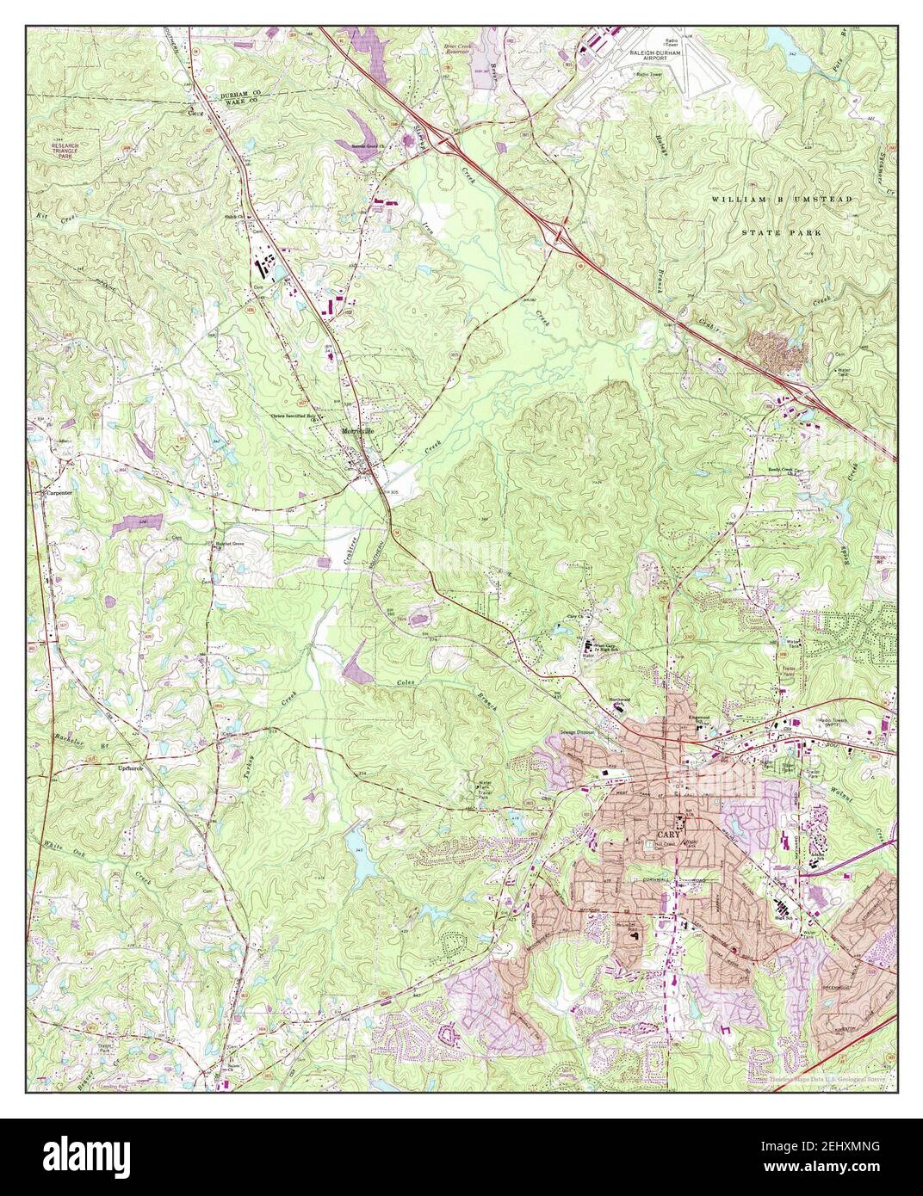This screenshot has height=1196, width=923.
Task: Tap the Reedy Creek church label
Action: click(x=792, y=470)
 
